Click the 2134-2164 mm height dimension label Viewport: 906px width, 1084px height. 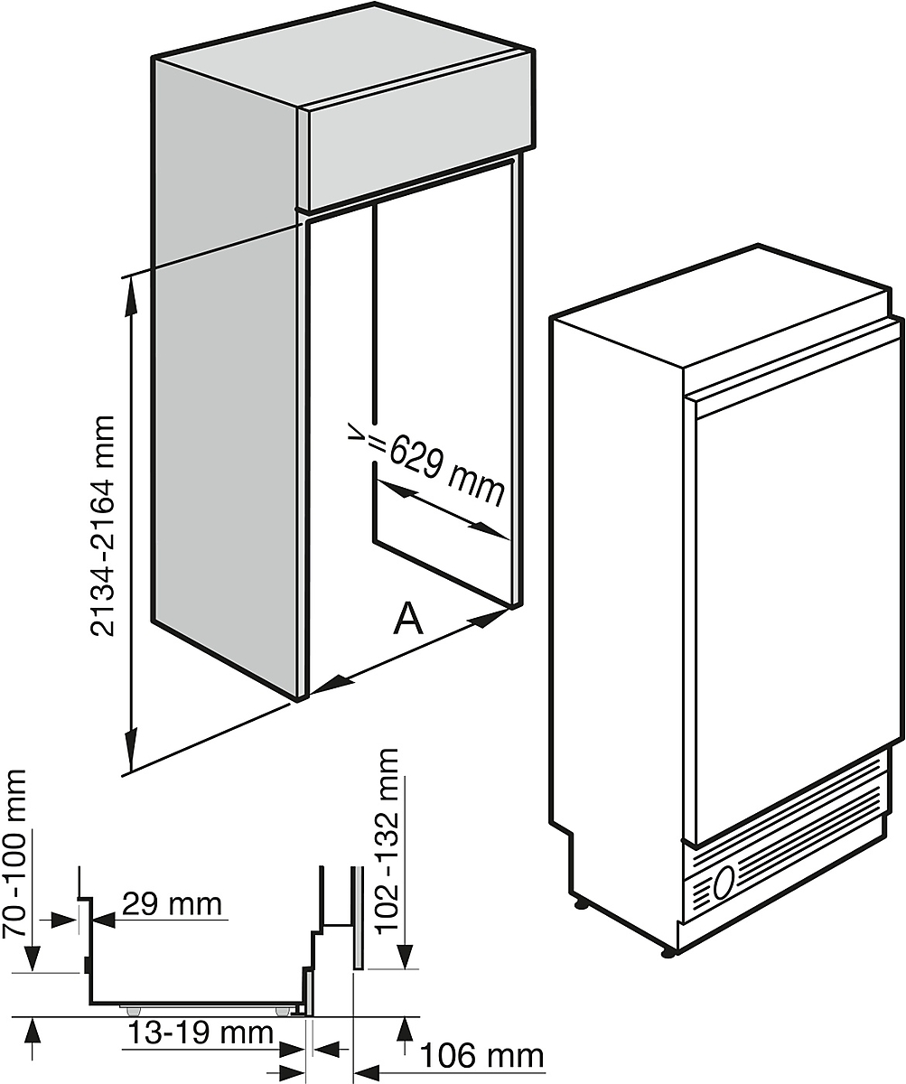pos(106,526)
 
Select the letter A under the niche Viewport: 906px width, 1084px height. pos(409,620)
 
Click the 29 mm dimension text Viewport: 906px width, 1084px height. pos(171,903)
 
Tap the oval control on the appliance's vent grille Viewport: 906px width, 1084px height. pos(724,883)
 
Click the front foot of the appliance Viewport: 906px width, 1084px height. pos(668,949)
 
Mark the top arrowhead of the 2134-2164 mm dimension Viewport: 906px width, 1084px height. pos(133,289)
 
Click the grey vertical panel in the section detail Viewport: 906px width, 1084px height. pos(359,917)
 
